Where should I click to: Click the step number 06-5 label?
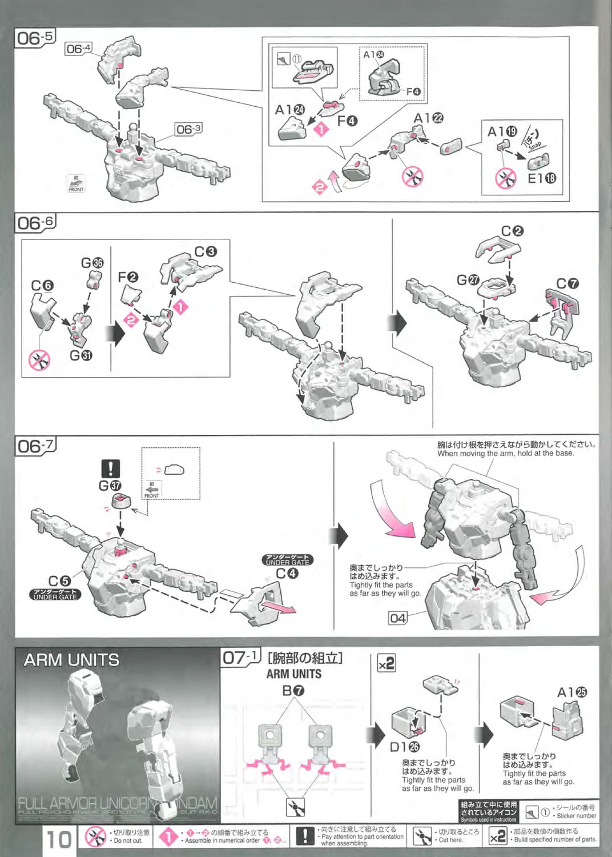click(x=34, y=38)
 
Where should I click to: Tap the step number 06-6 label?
click(x=34, y=222)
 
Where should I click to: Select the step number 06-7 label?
click(x=35, y=446)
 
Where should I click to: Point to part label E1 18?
click(x=541, y=178)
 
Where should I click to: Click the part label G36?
click(x=92, y=263)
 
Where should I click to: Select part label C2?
click(x=512, y=231)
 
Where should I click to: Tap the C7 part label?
click(x=567, y=283)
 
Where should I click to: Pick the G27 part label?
click(x=468, y=279)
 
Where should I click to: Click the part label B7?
click(x=293, y=690)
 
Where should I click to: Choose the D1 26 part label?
click(x=404, y=747)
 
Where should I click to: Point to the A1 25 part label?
click(x=571, y=692)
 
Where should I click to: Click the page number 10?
click(x=59, y=840)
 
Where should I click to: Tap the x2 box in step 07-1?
click(x=386, y=663)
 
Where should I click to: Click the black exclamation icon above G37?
click(x=110, y=469)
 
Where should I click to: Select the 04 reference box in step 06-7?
click(x=398, y=618)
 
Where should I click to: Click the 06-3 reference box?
click(x=188, y=130)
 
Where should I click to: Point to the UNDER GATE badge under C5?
click(x=55, y=594)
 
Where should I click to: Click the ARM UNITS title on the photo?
click(x=71, y=660)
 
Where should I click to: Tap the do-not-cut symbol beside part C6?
click(x=39, y=360)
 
